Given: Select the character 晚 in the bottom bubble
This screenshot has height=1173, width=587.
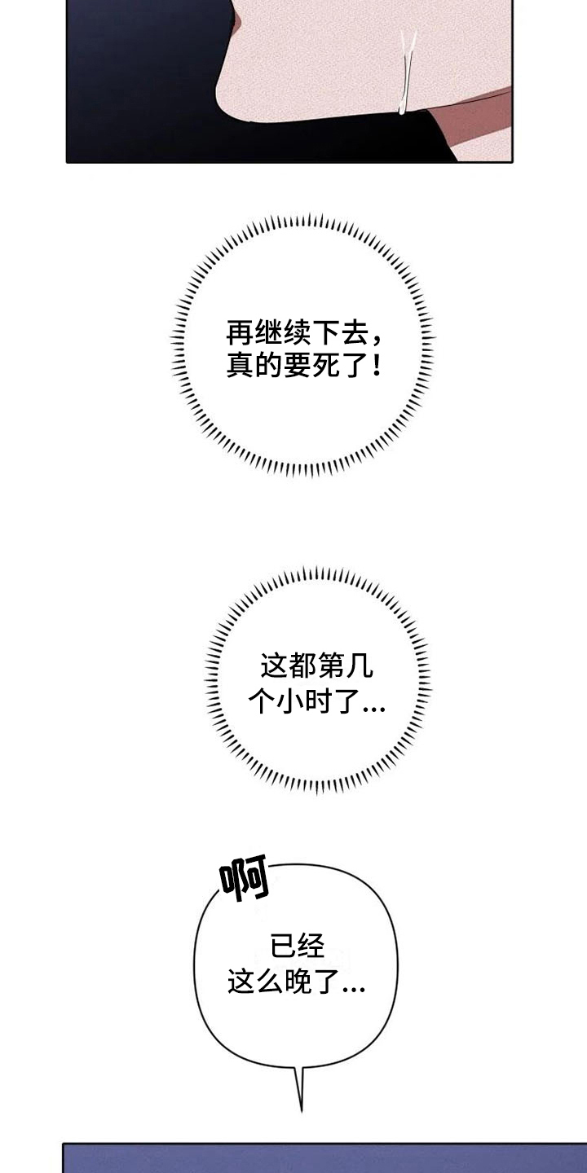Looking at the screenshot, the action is (298, 980).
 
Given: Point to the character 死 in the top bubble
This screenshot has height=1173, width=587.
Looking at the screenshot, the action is (324, 364).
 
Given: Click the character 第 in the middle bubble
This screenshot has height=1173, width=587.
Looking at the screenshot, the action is (331, 667).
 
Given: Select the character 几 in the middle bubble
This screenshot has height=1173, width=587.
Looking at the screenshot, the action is (360, 667).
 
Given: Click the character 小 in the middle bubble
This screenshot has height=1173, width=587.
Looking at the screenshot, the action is (290, 701).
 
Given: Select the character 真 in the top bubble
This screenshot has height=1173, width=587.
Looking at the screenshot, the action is (240, 364).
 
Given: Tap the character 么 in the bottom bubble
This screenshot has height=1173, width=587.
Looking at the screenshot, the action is (269, 980).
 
